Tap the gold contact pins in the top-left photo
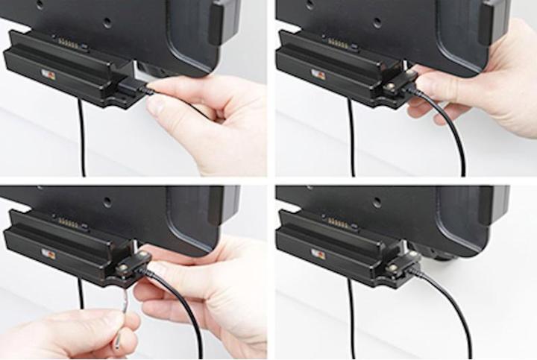[x=69, y=43]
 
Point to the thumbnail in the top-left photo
[x=156, y=105]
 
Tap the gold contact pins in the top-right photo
[x=338, y=43]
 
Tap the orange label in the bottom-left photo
[x=48, y=254]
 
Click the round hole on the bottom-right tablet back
[x=377, y=202]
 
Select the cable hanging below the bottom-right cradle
[x=351, y=320]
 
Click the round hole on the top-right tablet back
[x=377, y=22]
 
